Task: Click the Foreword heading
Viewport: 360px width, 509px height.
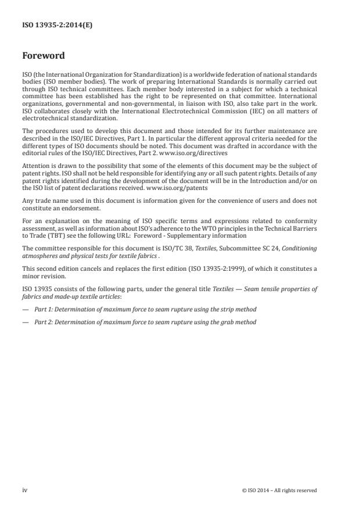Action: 43,56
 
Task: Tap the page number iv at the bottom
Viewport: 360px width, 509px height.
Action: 25,490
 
